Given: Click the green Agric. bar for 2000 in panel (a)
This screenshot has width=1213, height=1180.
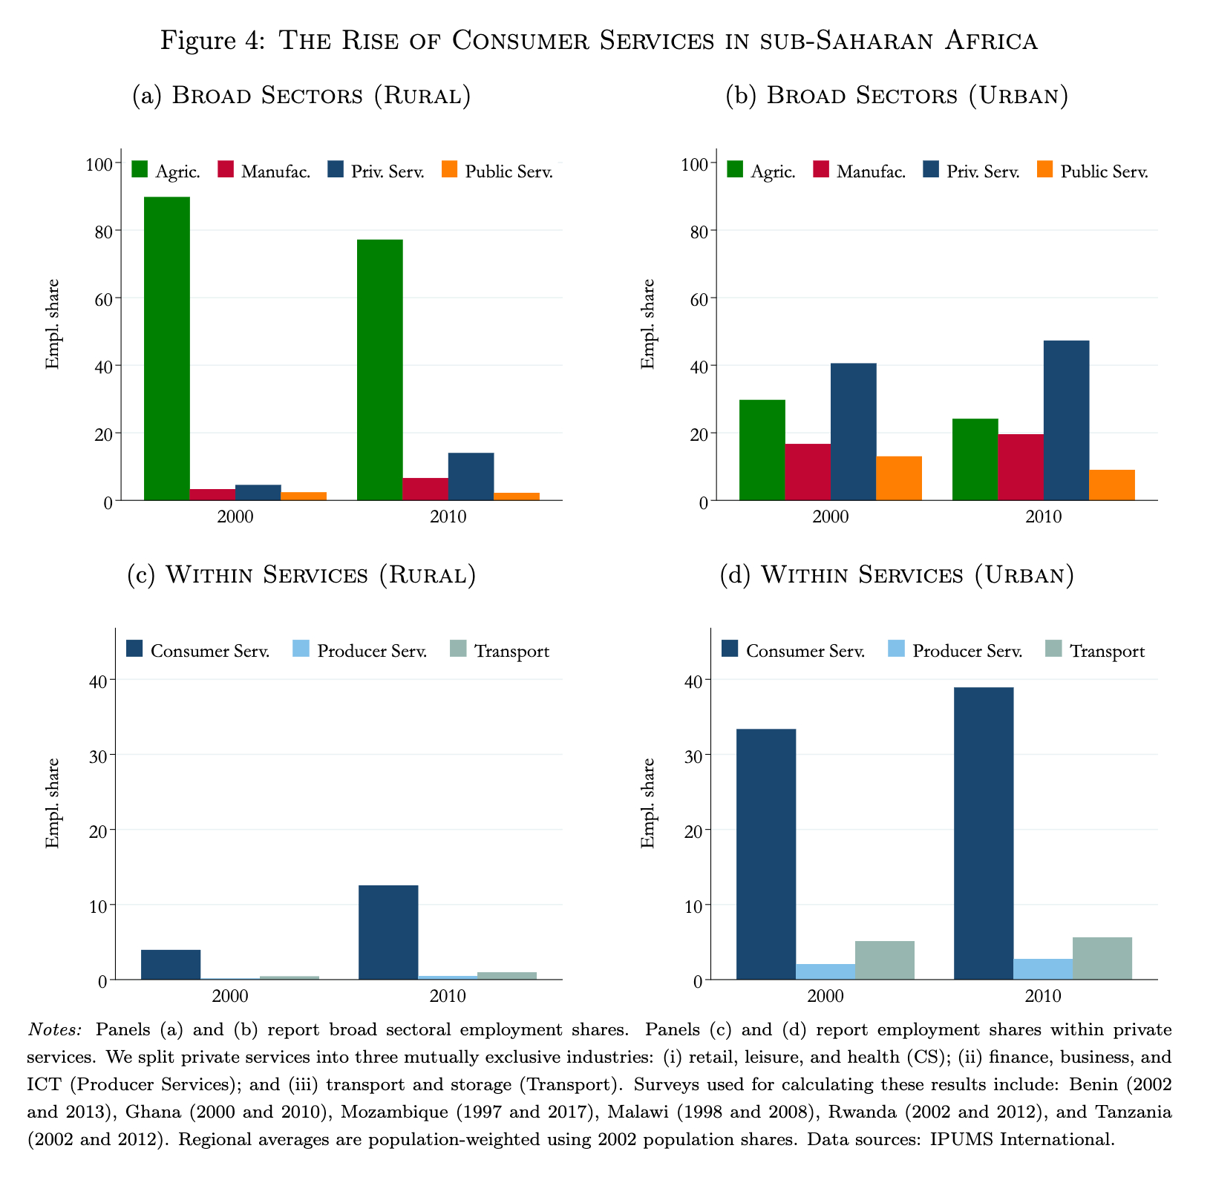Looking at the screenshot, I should click(x=167, y=349).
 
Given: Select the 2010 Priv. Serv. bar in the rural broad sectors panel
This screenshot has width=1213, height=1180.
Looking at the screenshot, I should click(x=471, y=476).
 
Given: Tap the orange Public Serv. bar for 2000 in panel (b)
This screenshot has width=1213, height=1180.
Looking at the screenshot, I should click(x=899, y=479).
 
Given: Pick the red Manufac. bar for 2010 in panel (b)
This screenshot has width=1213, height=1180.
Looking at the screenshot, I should click(x=1021, y=468).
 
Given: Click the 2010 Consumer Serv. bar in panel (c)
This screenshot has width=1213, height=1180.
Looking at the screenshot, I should click(x=388, y=932).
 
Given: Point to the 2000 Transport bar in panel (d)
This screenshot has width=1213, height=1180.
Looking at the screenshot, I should click(x=884, y=960).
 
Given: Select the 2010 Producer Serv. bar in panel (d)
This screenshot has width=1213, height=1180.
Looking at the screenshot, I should click(x=1043, y=969).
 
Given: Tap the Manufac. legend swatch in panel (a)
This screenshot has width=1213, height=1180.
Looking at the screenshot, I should click(x=226, y=170).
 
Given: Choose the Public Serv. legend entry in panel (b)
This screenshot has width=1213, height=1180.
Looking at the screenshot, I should click(x=1091, y=171).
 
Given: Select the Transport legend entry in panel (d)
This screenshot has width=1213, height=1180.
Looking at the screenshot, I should click(x=1095, y=651).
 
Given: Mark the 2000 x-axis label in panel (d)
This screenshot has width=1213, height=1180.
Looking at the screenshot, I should click(x=825, y=995).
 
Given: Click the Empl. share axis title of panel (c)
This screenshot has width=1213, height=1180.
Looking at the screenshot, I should click(x=52, y=803).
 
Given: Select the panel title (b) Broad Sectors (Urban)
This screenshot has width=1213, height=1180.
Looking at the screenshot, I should click(x=897, y=96).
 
